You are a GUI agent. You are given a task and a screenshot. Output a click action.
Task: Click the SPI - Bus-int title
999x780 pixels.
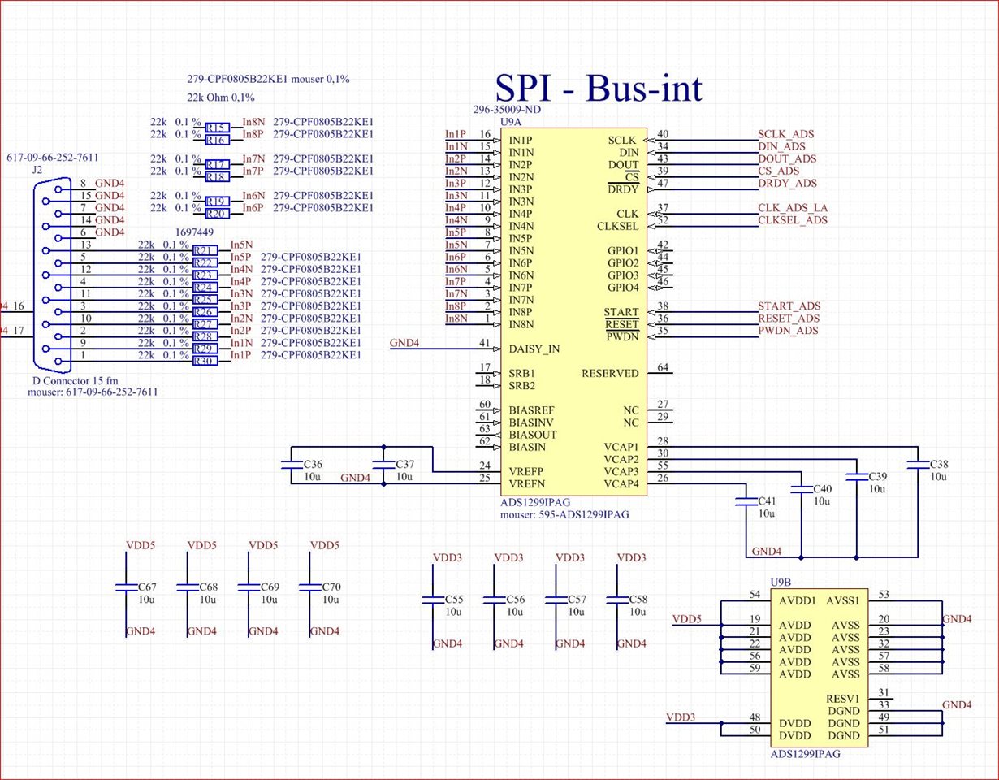point(599,88)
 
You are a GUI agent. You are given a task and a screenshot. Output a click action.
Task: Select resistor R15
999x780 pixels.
point(218,128)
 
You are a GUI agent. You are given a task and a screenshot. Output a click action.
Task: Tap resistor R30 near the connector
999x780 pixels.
point(205,361)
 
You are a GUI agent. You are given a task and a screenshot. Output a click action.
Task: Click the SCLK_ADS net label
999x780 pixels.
point(785,134)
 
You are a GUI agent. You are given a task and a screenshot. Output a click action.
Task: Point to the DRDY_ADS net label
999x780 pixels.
point(787,183)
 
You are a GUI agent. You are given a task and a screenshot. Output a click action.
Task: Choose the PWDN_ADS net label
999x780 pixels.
point(788,330)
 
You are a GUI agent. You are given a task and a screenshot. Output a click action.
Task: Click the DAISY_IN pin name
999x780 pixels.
point(534,349)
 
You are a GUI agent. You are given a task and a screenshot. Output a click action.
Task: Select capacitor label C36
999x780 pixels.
point(313,464)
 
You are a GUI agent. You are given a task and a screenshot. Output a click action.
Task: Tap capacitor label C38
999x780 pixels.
point(939,464)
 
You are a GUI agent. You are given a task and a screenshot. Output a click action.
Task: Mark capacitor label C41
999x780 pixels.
point(767,500)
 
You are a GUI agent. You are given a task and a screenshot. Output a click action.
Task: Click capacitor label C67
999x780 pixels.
point(147,587)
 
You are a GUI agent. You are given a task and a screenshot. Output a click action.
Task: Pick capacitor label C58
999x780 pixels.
point(638,600)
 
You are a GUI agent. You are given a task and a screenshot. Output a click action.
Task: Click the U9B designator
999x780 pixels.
point(781,583)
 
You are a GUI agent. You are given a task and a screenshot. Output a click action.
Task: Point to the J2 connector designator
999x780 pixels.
point(37,170)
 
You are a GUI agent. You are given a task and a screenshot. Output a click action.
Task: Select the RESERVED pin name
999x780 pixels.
point(610,373)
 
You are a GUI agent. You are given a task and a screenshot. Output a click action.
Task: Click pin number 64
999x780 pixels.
point(663,367)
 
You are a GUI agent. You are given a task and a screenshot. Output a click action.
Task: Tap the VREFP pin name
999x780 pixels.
point(526,471)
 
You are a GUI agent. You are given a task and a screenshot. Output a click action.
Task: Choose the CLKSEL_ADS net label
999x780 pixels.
point(793,220)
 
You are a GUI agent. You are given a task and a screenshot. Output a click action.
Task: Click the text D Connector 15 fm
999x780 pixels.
point(75,381)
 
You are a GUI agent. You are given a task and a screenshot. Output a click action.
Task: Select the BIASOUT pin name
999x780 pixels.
point(532,435)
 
